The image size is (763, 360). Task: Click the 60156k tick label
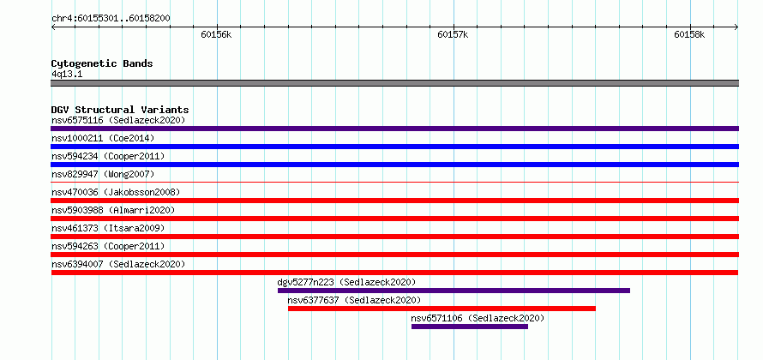point(216,34)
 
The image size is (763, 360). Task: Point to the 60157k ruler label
point(453,34)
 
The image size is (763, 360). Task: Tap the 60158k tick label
point(689,34)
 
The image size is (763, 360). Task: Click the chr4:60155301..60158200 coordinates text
point(111,19)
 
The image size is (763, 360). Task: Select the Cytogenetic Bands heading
point(102,63)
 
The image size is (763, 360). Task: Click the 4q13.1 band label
point(67,75)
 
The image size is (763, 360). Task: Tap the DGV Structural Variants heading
point(120,110)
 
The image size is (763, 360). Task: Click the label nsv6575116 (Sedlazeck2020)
point(118,120)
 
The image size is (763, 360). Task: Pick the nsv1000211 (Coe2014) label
point(103,138)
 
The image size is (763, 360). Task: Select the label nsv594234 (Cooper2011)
point(108,156)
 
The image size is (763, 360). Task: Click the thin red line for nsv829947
point(394,183)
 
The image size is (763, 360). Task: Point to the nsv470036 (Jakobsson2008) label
point(116,192)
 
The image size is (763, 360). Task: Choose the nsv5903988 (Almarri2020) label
point(113,210)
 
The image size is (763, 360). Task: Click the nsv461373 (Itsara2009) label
point(108,228)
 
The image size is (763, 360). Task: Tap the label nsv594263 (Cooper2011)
point(108,246)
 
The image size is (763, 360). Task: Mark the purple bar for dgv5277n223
point(454,291)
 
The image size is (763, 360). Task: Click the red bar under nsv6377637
point(442,309)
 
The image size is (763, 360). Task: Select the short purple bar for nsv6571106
point(470,327)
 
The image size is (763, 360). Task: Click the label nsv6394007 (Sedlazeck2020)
point(118,264)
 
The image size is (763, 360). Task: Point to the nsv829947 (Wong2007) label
point(103,174)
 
